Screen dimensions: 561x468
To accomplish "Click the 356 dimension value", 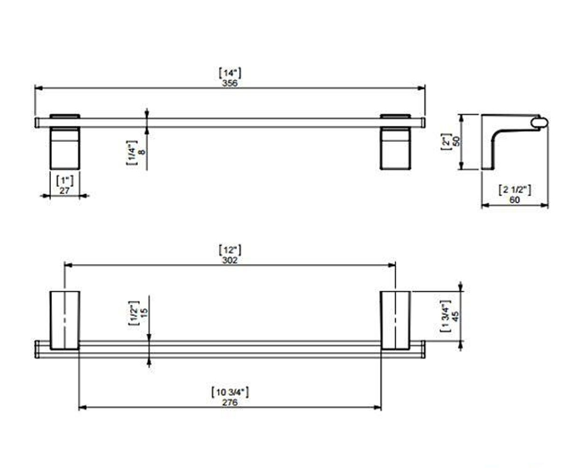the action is (x=230, y=83).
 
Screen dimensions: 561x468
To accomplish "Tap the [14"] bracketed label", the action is (x=230, y=73).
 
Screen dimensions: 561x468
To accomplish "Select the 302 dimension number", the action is (x=230, y=260).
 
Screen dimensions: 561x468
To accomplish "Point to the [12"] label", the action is (x=230, y=250).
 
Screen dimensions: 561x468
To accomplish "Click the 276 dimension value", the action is (x=230, y=402).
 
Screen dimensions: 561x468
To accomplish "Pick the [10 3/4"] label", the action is (x=230, y=393).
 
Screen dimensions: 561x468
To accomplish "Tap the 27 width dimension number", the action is (x=65, y=190).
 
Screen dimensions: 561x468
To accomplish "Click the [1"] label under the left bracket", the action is (x=65, y=181).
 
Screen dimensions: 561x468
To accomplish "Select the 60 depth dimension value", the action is (x=515, y=200).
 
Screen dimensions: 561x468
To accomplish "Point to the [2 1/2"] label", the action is (x=515, y=190).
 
